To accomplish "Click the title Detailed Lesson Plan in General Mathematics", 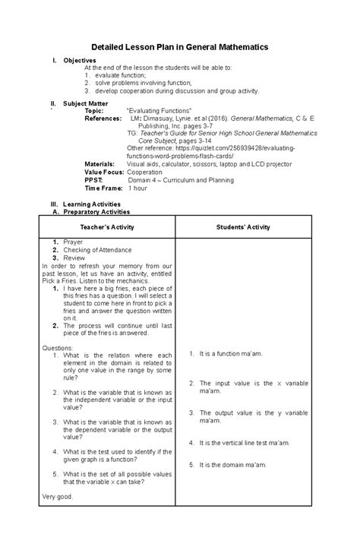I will coord(179,47).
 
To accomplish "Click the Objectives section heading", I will coord(80,60).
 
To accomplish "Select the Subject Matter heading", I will coord(86,103).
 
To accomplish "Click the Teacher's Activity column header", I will coord(107,226).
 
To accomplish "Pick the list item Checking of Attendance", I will coord(98,250).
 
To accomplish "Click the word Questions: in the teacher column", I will coord(58,347).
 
